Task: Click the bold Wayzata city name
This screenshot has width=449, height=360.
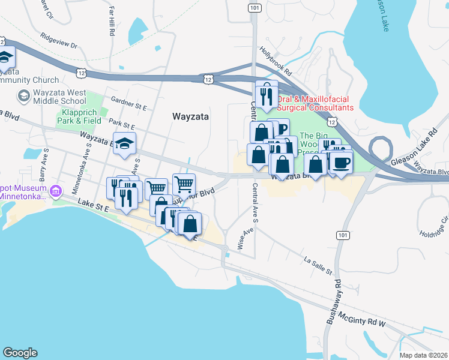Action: (190, 117)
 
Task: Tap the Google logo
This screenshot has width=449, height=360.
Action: (20, 353)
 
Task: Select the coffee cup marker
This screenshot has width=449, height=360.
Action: (341, 164)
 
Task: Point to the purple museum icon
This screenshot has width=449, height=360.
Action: (56, 192)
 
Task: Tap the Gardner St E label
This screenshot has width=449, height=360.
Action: (128, 103)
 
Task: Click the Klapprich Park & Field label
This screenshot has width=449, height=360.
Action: (79, 116)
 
